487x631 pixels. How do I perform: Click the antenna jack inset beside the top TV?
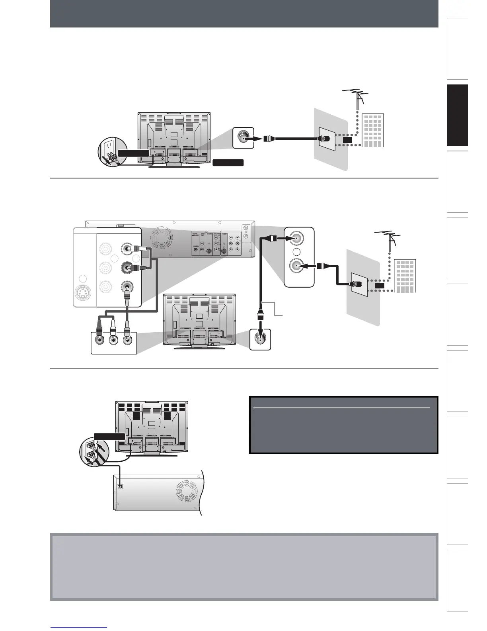coord(243,138)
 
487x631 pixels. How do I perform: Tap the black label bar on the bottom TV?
coord(109,436)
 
